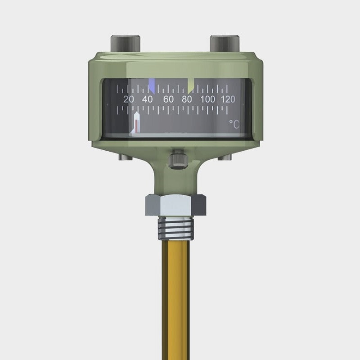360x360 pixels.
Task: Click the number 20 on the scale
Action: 129,99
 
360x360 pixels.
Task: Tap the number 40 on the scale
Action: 147,99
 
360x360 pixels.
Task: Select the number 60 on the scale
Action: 168,99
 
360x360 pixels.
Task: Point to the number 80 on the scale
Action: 187,99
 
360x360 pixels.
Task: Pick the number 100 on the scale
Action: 207,99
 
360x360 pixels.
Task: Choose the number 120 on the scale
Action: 228,99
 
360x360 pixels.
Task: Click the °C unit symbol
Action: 234,124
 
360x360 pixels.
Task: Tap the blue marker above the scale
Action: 152,85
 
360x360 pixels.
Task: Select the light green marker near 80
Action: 190,86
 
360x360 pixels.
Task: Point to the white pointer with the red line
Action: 136,123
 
